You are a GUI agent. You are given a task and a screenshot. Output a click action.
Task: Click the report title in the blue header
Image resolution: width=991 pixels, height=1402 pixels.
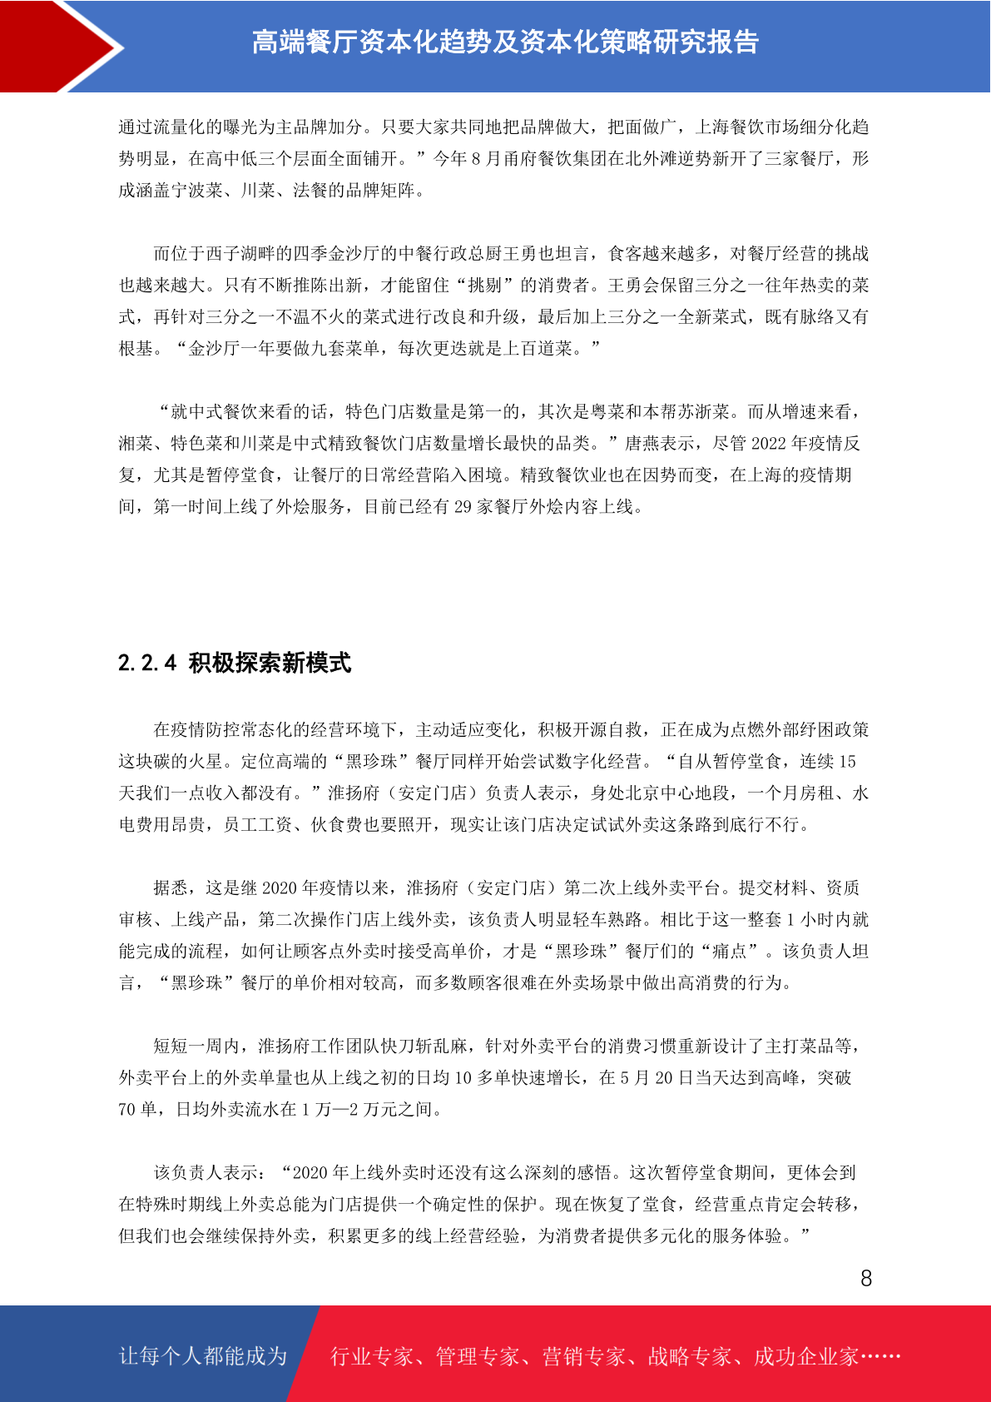[x=505, y=42]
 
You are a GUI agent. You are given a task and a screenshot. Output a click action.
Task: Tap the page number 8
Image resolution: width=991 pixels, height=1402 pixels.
[x=866, y=1279]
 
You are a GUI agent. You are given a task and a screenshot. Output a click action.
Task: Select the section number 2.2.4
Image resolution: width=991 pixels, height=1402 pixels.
[x=147, y=663]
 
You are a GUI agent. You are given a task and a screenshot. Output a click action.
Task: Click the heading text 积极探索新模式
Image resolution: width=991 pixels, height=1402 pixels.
[x=270, y=663]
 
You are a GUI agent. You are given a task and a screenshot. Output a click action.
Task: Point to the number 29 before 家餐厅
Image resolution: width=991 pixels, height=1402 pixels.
[x=463, y=506]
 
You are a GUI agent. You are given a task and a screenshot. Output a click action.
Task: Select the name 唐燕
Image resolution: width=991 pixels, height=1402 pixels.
[x=642, y=443]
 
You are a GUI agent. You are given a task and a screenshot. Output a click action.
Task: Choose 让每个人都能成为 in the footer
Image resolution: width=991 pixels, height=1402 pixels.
[x=203, y=1356]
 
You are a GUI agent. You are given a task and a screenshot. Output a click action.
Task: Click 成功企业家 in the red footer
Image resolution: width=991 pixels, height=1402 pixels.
[x=805, y=1356]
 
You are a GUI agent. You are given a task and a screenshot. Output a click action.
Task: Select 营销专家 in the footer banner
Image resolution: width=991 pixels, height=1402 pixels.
[x=583, y=1356]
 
